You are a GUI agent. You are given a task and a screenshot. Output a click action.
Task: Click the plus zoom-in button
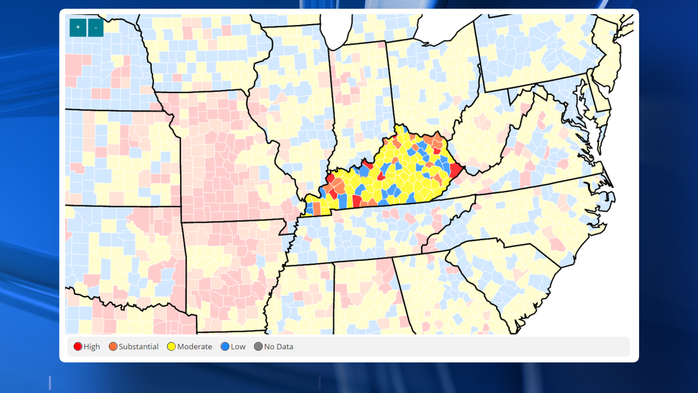pyautogui.click(x=78, y=27)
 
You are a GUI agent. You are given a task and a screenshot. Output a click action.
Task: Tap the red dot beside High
pyautogui.click(x=78, y=347)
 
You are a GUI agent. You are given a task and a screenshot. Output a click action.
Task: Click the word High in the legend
pyautogui.click(x=92, y=347)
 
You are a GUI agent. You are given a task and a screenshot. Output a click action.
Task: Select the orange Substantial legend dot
pyautogui.click(x=113, y=347)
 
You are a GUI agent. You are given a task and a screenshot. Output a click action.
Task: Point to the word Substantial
pyautogui.click(x=139, y=347)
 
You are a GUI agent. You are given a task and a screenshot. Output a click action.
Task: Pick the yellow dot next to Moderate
pyautogui.click(x=171, y=347)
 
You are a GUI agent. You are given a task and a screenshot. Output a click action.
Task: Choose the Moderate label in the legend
pyautogui.click(x=194, y=347)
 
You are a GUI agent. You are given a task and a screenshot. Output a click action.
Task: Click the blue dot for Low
pyautogui.click(x=225, y=347)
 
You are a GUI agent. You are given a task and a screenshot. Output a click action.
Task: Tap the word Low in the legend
pyautogui.click(x=238, y=347)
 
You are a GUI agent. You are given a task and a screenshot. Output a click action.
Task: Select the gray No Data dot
pyautogui.click(x=258, y=347)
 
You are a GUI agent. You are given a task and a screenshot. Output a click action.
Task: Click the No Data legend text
pyautogui.click(x=279, y=347)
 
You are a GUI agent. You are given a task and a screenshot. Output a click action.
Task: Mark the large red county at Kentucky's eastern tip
pyautogui.click(x=455, y=171)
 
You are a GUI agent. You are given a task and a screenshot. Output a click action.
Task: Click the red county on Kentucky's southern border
pyautogui.click(x=357, y=201)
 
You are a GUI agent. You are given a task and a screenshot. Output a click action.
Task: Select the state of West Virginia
pyautogui.click(x=480, y=136)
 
